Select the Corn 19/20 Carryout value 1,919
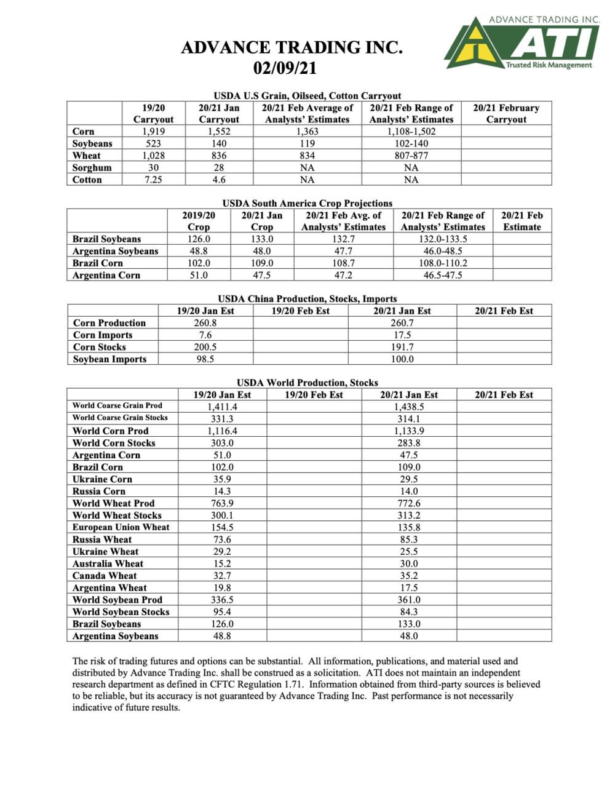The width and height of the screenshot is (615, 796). [x=153, y=132]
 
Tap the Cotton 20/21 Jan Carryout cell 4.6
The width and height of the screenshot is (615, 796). [x=219, y=180]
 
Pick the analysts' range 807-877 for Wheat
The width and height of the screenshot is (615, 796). [x=411, y=156]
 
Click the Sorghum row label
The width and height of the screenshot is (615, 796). [x=92, y=168]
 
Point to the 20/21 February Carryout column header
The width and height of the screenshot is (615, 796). [x=506, y=113]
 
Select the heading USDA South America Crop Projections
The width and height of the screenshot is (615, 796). [x=307, y=203]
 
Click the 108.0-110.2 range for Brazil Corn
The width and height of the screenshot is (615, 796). [x=442, y=263]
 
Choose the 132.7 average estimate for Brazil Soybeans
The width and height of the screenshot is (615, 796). [x=343, y=239]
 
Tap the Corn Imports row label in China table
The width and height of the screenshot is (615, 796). [x=103, y=335]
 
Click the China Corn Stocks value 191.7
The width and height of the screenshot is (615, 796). [x=402, y=347]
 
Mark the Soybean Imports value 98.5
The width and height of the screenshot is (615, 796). [x=205, y=359]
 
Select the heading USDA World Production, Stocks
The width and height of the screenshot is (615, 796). [x=307, y=383]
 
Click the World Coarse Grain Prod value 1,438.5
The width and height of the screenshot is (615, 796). [x=409, y=407]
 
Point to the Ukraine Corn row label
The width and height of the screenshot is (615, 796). [x=102, y=479]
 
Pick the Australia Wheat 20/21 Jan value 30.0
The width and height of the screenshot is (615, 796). [x=409, y=563]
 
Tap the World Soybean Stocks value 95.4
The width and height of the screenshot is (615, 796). [x=222, y=612]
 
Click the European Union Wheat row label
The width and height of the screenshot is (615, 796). [x=121, y=527]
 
